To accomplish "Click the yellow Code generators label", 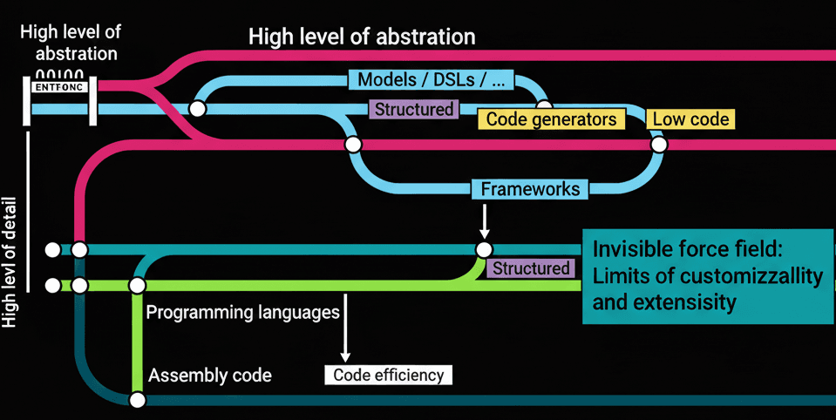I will [x=551, y=119].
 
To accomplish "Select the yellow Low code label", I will [x=690, y=119].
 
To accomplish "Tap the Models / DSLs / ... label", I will [x=432, y=80].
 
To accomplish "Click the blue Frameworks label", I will [x=530, y=188].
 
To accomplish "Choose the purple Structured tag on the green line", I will [x=531, y=268].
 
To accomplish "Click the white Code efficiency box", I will [x=388, y=376].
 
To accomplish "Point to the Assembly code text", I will [x=210, y=376].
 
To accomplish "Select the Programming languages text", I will [x=242, y=312].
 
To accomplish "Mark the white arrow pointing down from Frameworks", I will [x=484, y=220].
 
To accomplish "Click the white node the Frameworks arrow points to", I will [x=484, y=250].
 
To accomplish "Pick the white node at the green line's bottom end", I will [x=137, y=400].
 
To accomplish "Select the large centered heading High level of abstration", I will [x=362, y=37].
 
